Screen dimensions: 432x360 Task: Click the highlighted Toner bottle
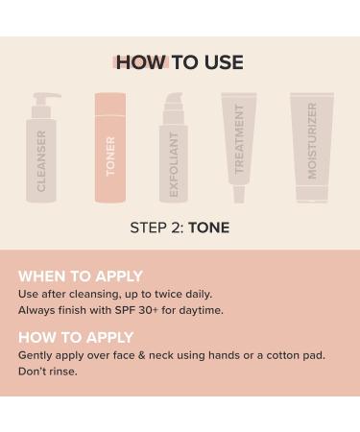pos(110,149)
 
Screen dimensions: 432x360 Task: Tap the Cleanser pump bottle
pos(41,154)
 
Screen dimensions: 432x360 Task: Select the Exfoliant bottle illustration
pos(173,154)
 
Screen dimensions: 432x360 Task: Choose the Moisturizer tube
pos(312,149)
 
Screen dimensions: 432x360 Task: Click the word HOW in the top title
pos(140,63)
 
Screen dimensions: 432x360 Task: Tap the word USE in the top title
pos(222,63)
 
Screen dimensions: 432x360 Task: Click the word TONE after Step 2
pos(208,228)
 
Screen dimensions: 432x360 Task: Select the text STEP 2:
pos(156,228)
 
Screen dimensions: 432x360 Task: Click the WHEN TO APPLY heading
pos(81,276)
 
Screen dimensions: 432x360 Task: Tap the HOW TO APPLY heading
pos(76,337)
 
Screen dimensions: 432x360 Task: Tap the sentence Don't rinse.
pos(48,372)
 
